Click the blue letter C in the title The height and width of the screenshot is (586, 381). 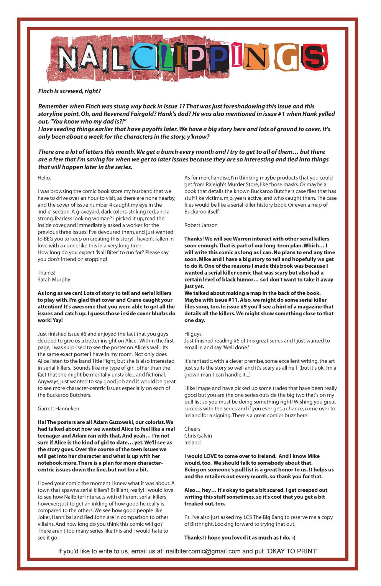144,58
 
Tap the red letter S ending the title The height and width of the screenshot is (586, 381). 316,58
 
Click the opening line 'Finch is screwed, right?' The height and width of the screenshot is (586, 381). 69,91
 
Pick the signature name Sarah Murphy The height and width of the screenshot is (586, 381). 54,280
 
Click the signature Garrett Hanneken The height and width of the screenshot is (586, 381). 58,408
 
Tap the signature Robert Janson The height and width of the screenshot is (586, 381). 201,225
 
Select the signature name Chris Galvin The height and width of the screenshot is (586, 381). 198,436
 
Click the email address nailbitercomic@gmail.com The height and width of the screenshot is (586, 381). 203,551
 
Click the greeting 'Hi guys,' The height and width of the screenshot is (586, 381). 194,334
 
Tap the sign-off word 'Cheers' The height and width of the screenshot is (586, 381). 192,429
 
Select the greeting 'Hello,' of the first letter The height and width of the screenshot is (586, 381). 44,178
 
